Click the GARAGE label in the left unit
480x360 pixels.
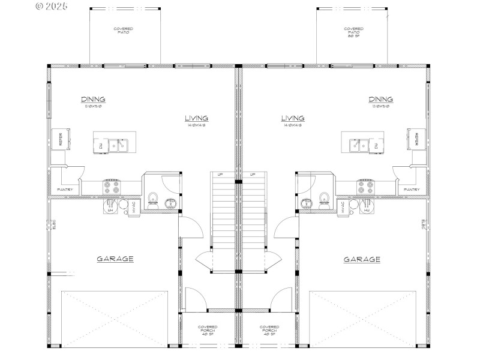(x=115, y=259)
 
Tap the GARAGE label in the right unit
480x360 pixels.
(x=362, y=260)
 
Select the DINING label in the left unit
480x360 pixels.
(x=94, y=100)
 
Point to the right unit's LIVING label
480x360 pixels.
(x=293, y=118)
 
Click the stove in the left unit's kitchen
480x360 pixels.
(x=112, y=185)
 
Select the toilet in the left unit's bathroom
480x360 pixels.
(x=152, y=200)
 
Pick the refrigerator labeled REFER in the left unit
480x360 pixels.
(x=60, y=139)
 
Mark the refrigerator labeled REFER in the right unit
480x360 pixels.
(x=417, y=139)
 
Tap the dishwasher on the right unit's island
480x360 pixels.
(x=377, y=145)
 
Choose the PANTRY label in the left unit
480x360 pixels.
(x=65, y=190)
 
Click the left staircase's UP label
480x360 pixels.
(x=220, y=175)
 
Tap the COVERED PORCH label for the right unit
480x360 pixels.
(x=269, y=330)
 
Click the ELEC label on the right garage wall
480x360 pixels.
(x=423, y=224)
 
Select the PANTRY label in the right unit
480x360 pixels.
(x=412, y=190)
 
